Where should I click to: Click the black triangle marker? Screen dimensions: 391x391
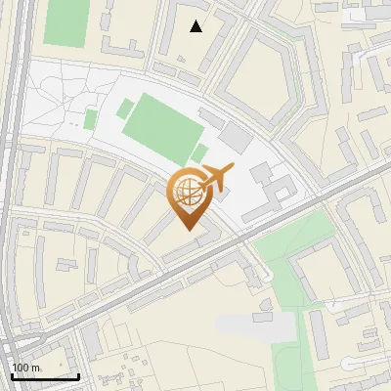pyautogui.click(x=196, y=26)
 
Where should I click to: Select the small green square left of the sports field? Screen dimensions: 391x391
pyautogui.click(x=91, y=119)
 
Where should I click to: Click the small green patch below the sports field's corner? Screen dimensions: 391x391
pyautogui.click(x=199, y=152)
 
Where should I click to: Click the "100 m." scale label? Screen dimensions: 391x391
pyautogui.click(x=26, y=368)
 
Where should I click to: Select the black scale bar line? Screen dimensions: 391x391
pyautogui.click(x=44, y=376)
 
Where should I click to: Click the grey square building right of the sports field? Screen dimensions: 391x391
pyautogui.click(x=235, y=136)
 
